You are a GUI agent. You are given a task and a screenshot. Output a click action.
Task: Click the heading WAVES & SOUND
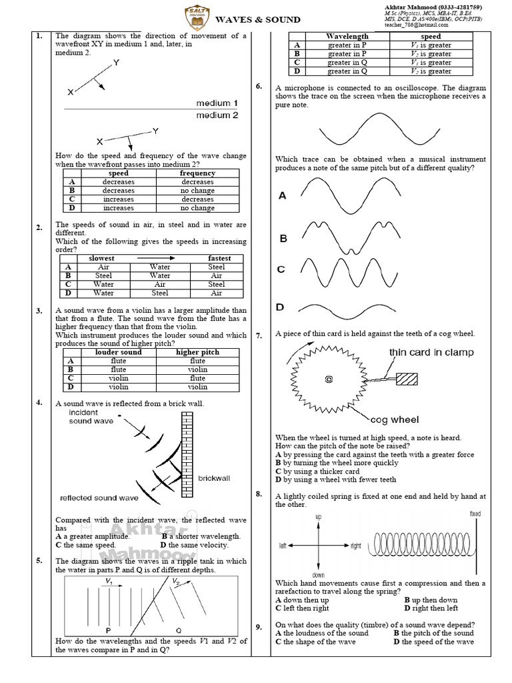258,20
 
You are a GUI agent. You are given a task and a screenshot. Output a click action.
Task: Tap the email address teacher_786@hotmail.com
416,25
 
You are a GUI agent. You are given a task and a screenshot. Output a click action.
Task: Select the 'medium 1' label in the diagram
217,103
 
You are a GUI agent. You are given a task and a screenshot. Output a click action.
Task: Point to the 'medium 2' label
217,115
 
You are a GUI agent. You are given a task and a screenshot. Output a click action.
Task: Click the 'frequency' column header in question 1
197,173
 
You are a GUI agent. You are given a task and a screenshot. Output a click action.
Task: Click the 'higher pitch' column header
197,352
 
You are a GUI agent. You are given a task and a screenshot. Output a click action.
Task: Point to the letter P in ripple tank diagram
108,630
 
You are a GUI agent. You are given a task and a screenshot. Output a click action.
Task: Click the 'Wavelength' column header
347,37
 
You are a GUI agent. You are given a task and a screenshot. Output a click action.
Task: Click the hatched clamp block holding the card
407,378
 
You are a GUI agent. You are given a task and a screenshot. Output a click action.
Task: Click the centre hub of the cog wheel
328,380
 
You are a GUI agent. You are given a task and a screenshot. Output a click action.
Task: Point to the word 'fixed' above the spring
475,514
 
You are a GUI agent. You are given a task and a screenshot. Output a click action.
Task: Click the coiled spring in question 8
420,545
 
